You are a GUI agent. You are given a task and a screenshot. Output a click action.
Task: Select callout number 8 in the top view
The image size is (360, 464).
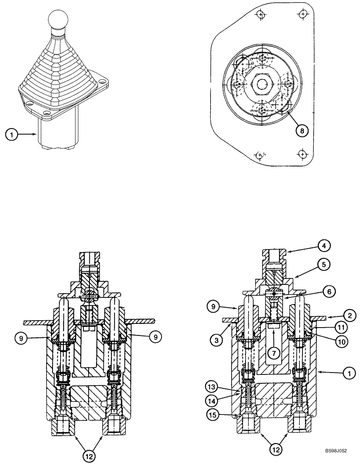[301, 130]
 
